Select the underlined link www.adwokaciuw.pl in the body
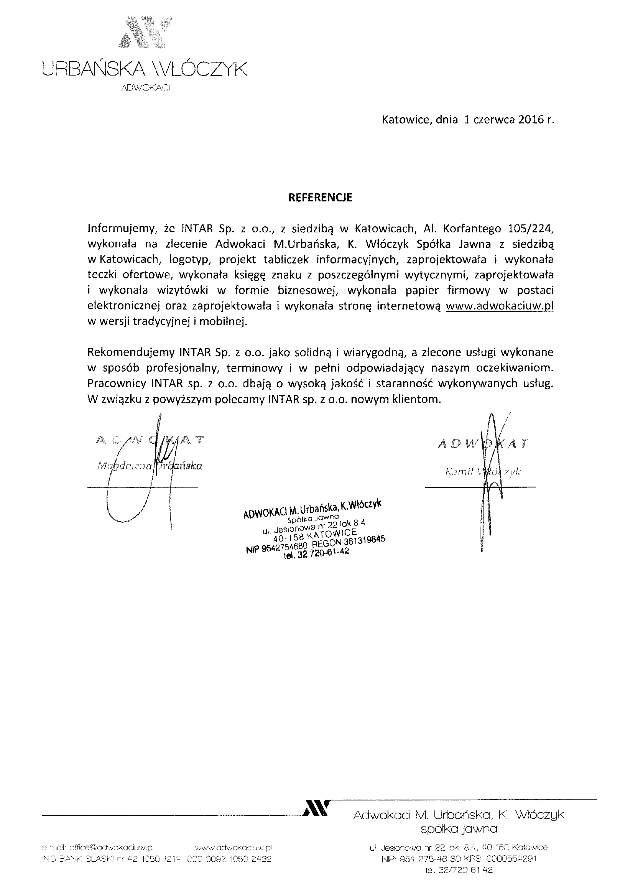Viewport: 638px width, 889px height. [x=500, y=306]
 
